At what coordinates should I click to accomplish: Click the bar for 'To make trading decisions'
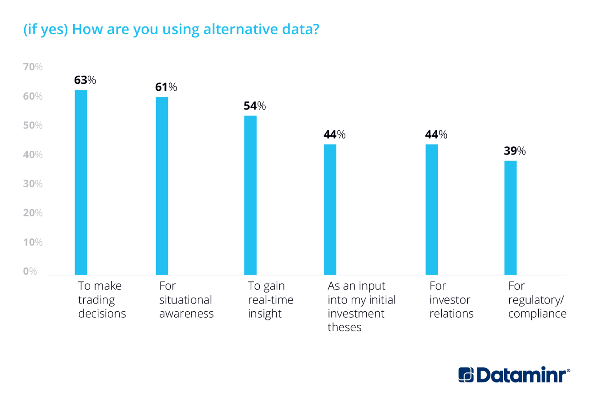81,182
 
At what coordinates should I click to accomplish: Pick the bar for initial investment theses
330,210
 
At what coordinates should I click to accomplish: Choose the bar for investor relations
431,210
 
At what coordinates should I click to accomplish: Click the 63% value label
85,80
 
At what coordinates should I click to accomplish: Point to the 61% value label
166,87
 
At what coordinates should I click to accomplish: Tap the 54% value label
255,106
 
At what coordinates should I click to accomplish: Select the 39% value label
515,151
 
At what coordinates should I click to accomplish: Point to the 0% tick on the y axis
30,272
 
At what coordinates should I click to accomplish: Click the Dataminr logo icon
466,375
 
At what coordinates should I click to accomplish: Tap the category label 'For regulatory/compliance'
537,300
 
